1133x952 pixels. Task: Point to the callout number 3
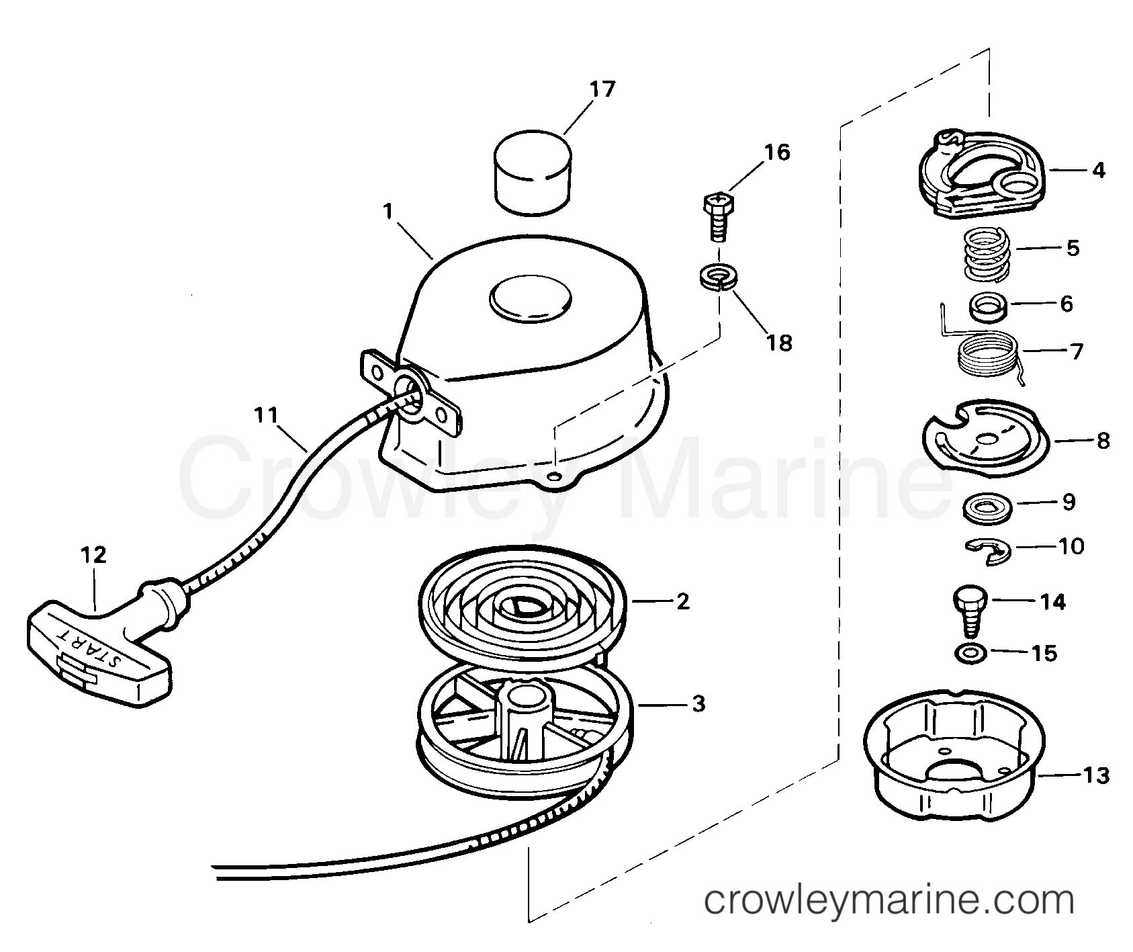[698, 704]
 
